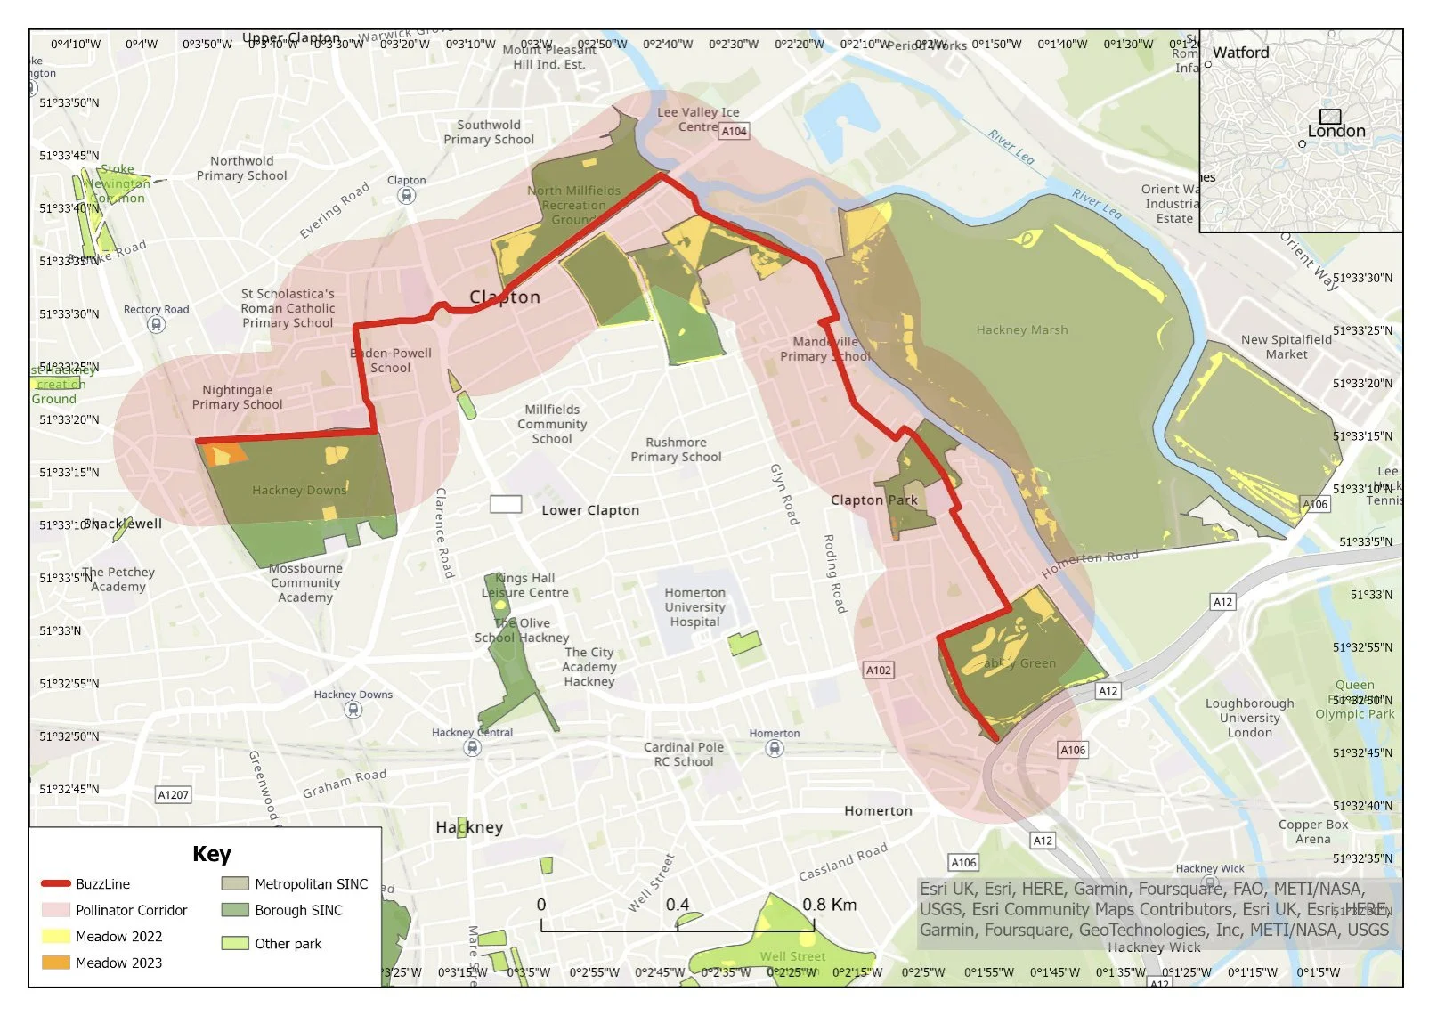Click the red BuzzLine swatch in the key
point(55,883)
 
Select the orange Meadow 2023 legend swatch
point(55,963)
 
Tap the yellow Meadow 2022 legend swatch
point(55,936)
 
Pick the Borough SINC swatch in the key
point(235,910)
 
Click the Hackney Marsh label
point(1021,329)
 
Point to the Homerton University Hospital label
point(694,607)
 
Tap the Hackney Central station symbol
point(473,748)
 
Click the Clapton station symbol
point(407,195)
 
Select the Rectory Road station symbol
point(156,325)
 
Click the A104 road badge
point(734,131)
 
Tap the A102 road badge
point(879,670)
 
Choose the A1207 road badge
point(173,794)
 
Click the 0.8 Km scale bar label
point(829,905)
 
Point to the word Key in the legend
point(212,854)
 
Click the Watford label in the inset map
point(1240,53)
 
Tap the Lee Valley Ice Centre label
point(698,119)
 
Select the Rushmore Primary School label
point(676,450)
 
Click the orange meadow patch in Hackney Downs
point(223,454)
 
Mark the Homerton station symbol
point(775,748)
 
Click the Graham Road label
point(345,784)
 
